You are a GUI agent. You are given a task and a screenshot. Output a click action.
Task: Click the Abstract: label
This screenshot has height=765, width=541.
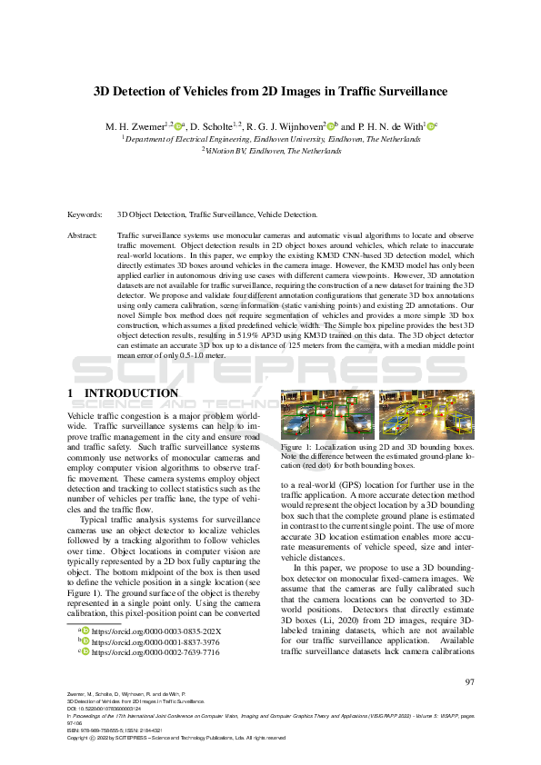click(84, 235)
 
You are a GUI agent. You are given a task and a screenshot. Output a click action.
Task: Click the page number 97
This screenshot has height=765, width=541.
click(470, 682)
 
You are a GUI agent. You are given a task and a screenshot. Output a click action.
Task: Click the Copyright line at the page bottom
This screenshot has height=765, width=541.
click(176, 739)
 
